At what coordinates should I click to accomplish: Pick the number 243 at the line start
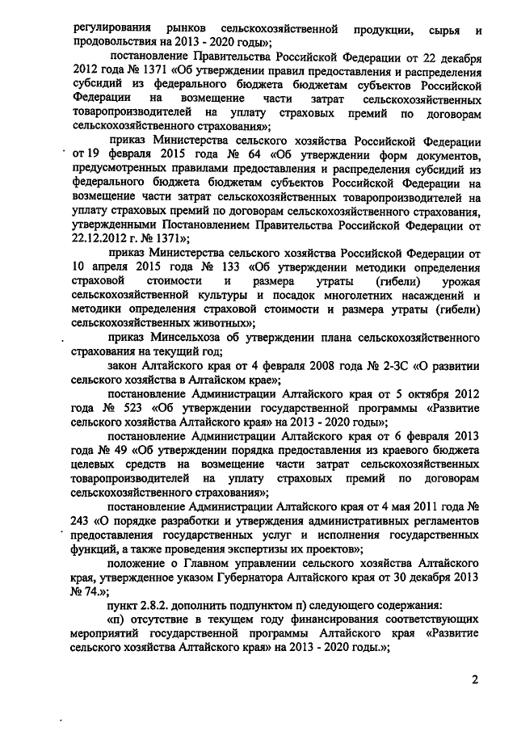coord(82,520)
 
